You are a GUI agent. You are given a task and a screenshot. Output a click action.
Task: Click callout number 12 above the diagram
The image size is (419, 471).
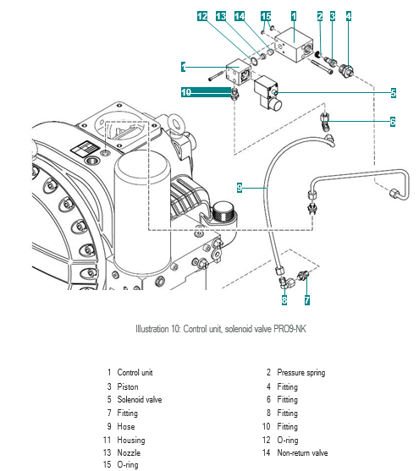pyautogui.click(x=202, y=16)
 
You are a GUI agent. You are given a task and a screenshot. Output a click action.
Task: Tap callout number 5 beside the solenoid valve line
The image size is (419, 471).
pyautogui.click(x=393, y=93)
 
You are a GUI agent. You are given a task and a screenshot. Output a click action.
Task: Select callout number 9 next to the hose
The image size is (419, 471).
pyautogui.click(x=240, y=188)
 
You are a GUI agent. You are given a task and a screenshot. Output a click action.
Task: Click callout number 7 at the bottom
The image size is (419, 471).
pyautogui.click(x=306, y=300)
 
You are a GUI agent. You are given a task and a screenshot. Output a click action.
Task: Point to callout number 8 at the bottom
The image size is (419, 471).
pyautogui.click(x=284, y=300)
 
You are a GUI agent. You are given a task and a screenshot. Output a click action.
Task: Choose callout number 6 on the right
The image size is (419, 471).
pyautogui.click(x=393, y=122)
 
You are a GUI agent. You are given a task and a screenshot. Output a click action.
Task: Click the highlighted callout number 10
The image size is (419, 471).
pyautogui.click(x=186, y=92)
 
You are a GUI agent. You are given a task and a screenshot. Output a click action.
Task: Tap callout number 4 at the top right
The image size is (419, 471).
pyautogui.click(x=348, y=16)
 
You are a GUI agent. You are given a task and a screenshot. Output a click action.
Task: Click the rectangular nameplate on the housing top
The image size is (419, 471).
pyautogui.click(x=85, y=148)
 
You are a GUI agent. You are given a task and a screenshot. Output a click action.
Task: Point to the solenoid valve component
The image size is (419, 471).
pyautogui.click(x=267, y=93)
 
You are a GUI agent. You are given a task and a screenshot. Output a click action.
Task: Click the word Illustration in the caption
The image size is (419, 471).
pyautogui.click(x=152, y=329)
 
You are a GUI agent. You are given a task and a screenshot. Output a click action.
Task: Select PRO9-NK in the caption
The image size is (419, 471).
pyautogui.click(x=289, y=329)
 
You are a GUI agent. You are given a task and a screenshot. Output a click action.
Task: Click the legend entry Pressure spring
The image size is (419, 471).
pyautogui.click(x=301, y=372)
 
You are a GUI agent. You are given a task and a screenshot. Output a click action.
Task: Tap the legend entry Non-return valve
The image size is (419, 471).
pyautogui.click(x=302, y=452)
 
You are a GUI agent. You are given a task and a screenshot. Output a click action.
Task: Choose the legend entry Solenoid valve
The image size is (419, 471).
pyautogui.click(x=140, y=399)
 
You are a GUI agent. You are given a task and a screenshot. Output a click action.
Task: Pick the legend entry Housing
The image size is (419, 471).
pyautogui.click(x=131, y=440)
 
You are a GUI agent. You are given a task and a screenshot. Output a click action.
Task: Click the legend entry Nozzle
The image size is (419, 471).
pyautogui.click(x=129, y=452)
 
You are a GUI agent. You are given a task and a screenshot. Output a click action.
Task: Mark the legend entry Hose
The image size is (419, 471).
pyautogui.click(x=126, y=426)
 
